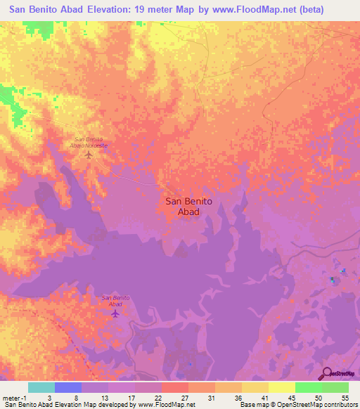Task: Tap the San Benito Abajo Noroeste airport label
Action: [x=89, y=141]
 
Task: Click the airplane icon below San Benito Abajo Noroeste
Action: [x=89, y=155]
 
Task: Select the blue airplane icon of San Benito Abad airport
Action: [x=115, y=313]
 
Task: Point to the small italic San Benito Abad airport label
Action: [x=115, y=301]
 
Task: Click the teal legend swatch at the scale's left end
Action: [x=41, y=387]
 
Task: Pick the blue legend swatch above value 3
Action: [x=67, y=387]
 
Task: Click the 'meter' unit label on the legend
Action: [x=10, y=398]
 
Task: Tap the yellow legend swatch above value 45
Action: [x=281, y=387]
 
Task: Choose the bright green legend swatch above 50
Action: [x=308, y=387]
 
